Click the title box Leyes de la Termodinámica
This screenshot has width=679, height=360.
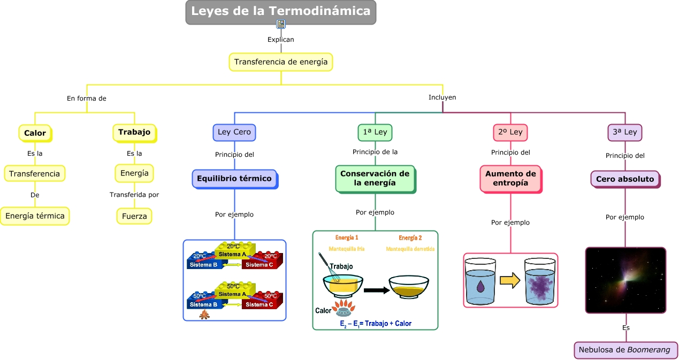tap(281, 12)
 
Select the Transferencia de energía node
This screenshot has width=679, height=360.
tap(281, 62)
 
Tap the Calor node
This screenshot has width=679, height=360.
tap(35, 133)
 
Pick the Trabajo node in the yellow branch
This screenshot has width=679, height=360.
tap(134, 132)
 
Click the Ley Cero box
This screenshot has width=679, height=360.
tap(234, 132)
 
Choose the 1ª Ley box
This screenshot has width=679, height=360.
tap(375, 132)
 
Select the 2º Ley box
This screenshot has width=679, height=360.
tap(510, 132)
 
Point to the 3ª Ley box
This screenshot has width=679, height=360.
tap(625, 132)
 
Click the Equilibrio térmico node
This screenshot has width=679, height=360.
tap(234, 179)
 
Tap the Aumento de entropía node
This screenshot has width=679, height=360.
tap(510, 179)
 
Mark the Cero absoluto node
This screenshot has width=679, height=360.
tap(625, 179)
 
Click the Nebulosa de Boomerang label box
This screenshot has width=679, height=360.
tap(625, 350)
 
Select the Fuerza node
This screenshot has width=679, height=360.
tap(134, 216)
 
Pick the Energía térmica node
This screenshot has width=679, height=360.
tap(35, 216)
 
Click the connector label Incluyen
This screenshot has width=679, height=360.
tap(442, 97)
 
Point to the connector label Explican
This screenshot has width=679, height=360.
tap(281, 40)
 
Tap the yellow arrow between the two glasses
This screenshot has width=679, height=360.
tap(510, 280)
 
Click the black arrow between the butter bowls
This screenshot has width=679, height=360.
tap(376, 290)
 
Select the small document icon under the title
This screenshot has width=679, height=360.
tap(281, 24)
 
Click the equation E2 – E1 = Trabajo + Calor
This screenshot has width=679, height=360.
tap(376, 324)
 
